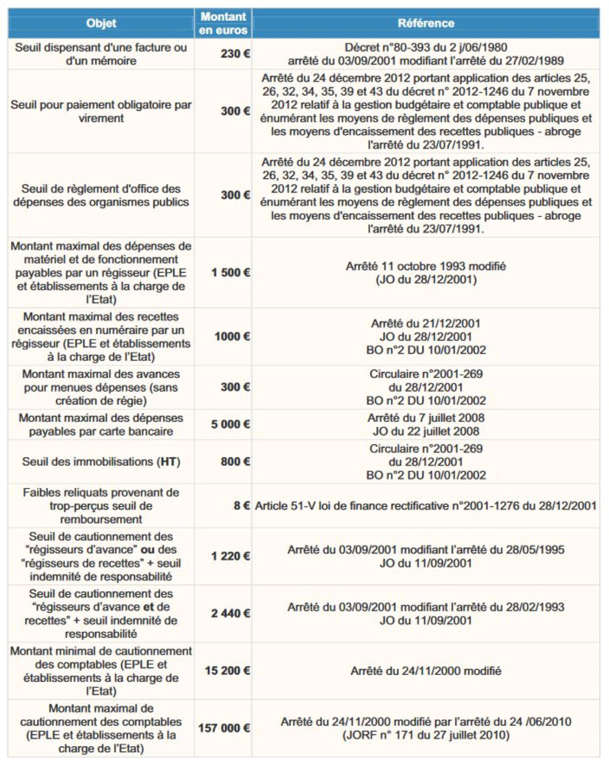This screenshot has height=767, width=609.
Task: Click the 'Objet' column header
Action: (101, 23)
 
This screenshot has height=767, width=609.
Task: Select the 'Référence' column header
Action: (426, 23)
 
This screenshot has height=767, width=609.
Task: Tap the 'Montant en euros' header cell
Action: (223, 23)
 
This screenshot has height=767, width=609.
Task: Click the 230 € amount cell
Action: (235, 54)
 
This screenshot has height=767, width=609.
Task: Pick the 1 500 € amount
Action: (230, 273)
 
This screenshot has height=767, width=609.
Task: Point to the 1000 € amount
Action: (232, 337)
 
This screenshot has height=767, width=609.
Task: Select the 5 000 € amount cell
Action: (230, 424)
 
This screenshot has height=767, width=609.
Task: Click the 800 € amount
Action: (235, 461)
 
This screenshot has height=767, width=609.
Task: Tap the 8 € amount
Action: (242, 506)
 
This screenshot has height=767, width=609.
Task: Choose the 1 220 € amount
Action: (230, 556)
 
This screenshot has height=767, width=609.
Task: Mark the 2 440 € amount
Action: (230, 613)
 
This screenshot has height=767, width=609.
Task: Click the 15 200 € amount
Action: (227, 671)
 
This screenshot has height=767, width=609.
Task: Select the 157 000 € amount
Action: (224, 728)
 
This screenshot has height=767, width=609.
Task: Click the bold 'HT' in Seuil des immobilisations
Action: (168, 461)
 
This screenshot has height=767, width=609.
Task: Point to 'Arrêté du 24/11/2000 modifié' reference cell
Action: (426, 671)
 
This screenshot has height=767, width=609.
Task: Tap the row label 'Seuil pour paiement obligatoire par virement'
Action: (101, 111)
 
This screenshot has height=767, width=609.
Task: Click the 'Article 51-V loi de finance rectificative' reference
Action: (426, 506)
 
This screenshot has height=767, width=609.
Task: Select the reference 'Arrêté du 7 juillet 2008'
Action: (426, 418)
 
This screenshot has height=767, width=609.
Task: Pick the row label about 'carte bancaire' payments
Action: (101, 424)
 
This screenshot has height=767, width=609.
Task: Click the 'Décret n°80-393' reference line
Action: (426, 47)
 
